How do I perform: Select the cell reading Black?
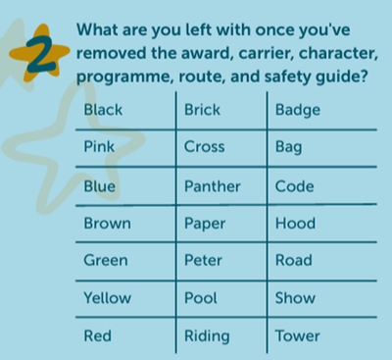click(x=104, y=110)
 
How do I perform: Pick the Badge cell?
click(x=298, y=110)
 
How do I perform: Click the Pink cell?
click(x=100, y=147)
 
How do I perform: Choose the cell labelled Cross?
click(x=204, y=147)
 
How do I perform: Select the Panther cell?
click(x=211, y=185)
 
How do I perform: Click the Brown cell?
click(x=107, y=223)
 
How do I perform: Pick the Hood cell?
click(x=295, y=223)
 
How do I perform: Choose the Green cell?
click(x=106, y=260)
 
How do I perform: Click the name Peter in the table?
click(x=204, y=260)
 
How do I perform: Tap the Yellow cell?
click(x=108, y=297)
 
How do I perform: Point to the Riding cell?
click(x=207, y=336)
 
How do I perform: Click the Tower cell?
click(x=298, y=335)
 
